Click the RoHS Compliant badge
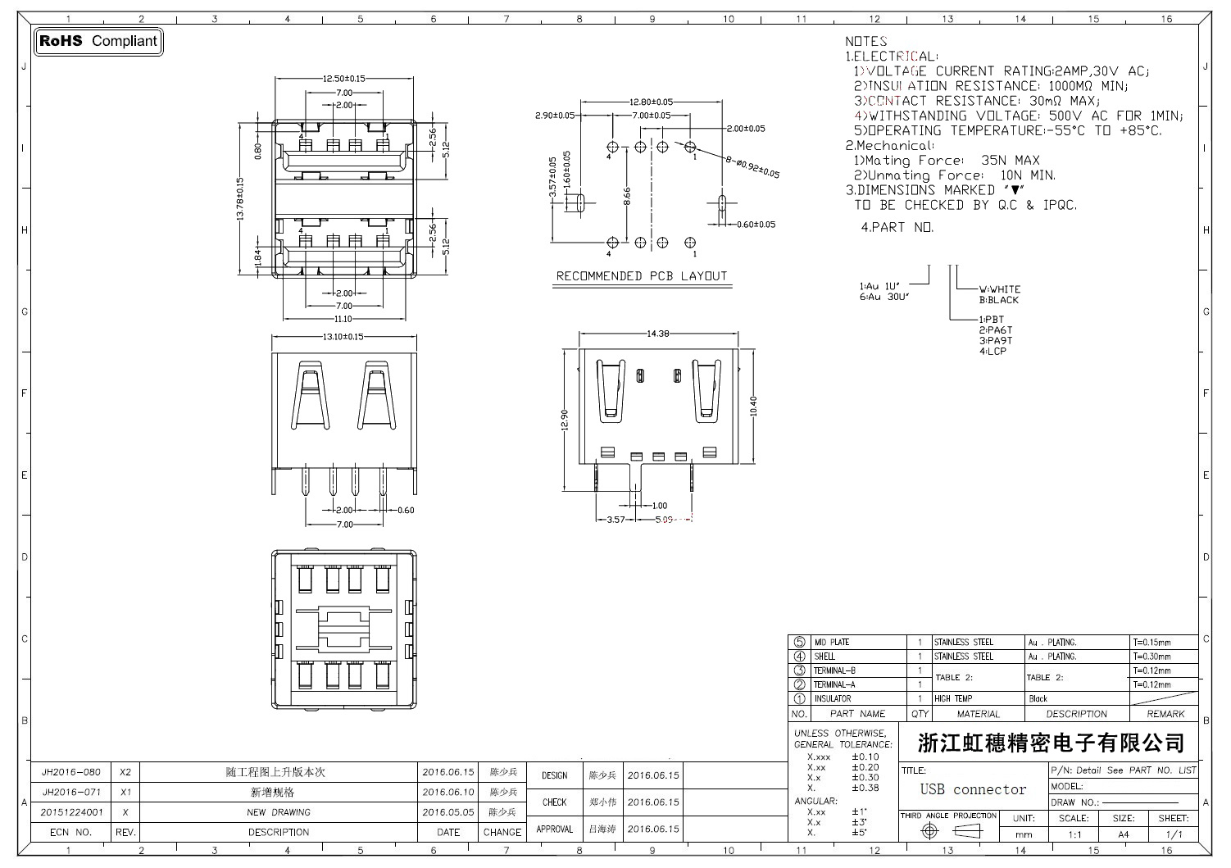98,41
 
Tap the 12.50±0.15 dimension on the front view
343,79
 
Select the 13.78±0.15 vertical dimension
240,199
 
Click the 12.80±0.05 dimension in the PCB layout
651,102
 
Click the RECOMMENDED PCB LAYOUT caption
642,276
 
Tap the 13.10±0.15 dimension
343,337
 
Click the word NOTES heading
866,41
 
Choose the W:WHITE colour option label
1000,289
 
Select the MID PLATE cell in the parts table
831,643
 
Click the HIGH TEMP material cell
953,699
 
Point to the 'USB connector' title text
973,790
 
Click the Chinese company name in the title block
1051,743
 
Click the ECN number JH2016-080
71,772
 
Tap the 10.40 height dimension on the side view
753,406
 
